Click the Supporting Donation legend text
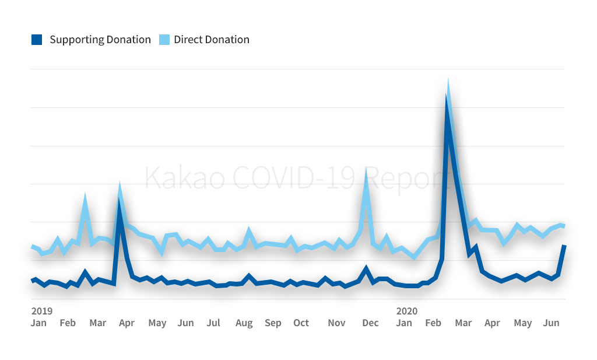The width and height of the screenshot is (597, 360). pos(100,40)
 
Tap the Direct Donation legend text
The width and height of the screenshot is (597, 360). pos(211,40)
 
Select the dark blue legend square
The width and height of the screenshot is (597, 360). pos(37,40)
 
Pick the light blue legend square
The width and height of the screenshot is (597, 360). pos(164,40)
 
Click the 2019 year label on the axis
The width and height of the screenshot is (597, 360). pos(41,311)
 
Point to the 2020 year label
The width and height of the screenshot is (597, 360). pos(406,311)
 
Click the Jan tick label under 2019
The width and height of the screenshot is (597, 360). pos(38,323)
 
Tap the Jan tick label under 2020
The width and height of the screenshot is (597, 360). pos(404,323)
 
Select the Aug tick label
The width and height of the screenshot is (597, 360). pos(244,323)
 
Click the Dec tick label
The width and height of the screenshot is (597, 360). pos(370,323)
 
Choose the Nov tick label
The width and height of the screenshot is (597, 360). pos(336,323)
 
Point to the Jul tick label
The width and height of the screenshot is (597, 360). pos(213,323)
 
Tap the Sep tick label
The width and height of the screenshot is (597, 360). pos(273,323)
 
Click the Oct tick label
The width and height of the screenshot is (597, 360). pos(301,323)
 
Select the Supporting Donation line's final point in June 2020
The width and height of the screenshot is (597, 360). pos(564,246)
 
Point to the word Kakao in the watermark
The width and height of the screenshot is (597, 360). pos(183,177)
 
